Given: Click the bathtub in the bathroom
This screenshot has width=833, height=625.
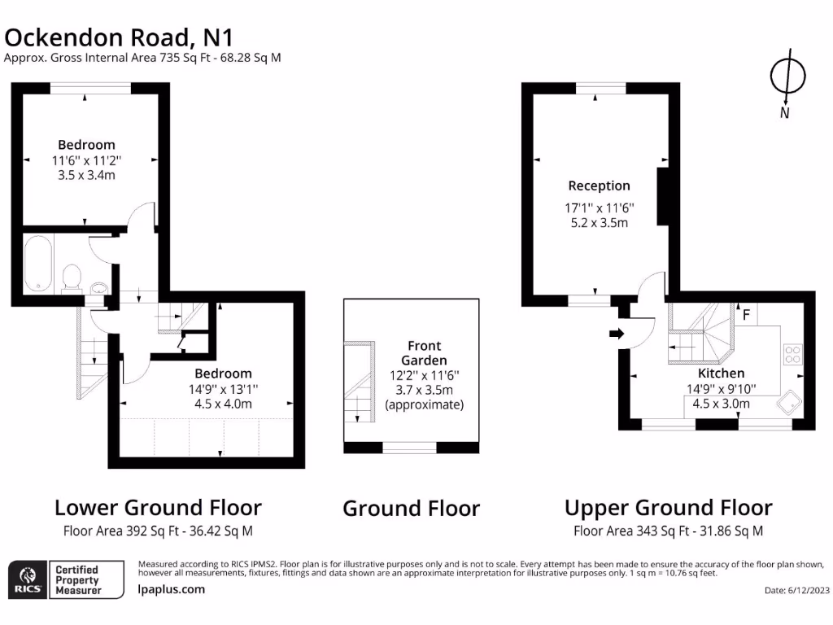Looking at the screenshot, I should (x=37, y=263).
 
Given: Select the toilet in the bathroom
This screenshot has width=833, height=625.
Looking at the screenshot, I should (x=72, y=277).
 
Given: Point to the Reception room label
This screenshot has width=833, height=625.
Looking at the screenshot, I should (x=599, y=186).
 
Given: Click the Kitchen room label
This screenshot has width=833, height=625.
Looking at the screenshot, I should (x=721, y=374).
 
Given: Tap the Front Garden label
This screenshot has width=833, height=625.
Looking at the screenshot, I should (x=424, y=352).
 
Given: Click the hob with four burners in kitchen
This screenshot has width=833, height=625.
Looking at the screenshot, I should (x=793, y=354).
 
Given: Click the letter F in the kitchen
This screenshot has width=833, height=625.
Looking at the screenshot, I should (x=745, y=312).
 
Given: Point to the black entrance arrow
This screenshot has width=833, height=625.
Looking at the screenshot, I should (x=616, y=333).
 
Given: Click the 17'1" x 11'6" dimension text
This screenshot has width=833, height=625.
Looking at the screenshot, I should (x=599, y=208).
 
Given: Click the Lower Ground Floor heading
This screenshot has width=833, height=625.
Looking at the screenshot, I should (x=158, y=508).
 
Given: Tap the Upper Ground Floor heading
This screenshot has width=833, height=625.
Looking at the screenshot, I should (x=668, y=508).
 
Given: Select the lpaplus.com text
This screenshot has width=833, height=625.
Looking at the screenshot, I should (x=172, y=589).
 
